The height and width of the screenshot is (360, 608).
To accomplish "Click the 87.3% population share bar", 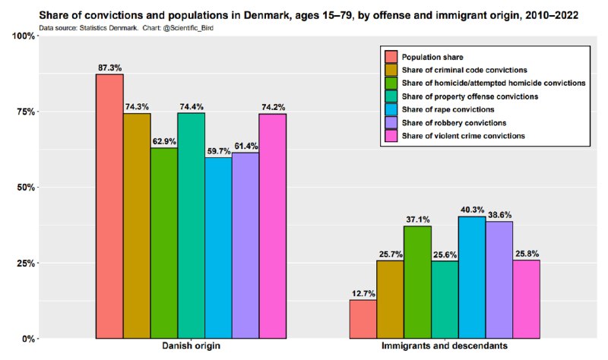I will (x=109, y=206).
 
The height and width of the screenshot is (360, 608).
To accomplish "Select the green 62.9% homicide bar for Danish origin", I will (x=163, y=243).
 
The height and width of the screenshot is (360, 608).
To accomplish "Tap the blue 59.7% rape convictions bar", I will (x=218, y=248).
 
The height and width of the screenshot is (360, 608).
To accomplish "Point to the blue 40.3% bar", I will (x=471, y=277).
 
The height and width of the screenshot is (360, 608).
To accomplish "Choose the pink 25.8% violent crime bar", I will (x=526, y=299).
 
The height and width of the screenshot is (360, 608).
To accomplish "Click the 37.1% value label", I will (x=418, y=219).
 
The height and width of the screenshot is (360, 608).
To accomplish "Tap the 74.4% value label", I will (x=191, y=106).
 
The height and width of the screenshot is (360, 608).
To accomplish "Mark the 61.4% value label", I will (x=245, y=145).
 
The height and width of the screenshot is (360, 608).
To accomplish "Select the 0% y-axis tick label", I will (x=29, y=339).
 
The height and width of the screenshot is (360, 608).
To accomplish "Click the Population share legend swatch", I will (x=391, y=57).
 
